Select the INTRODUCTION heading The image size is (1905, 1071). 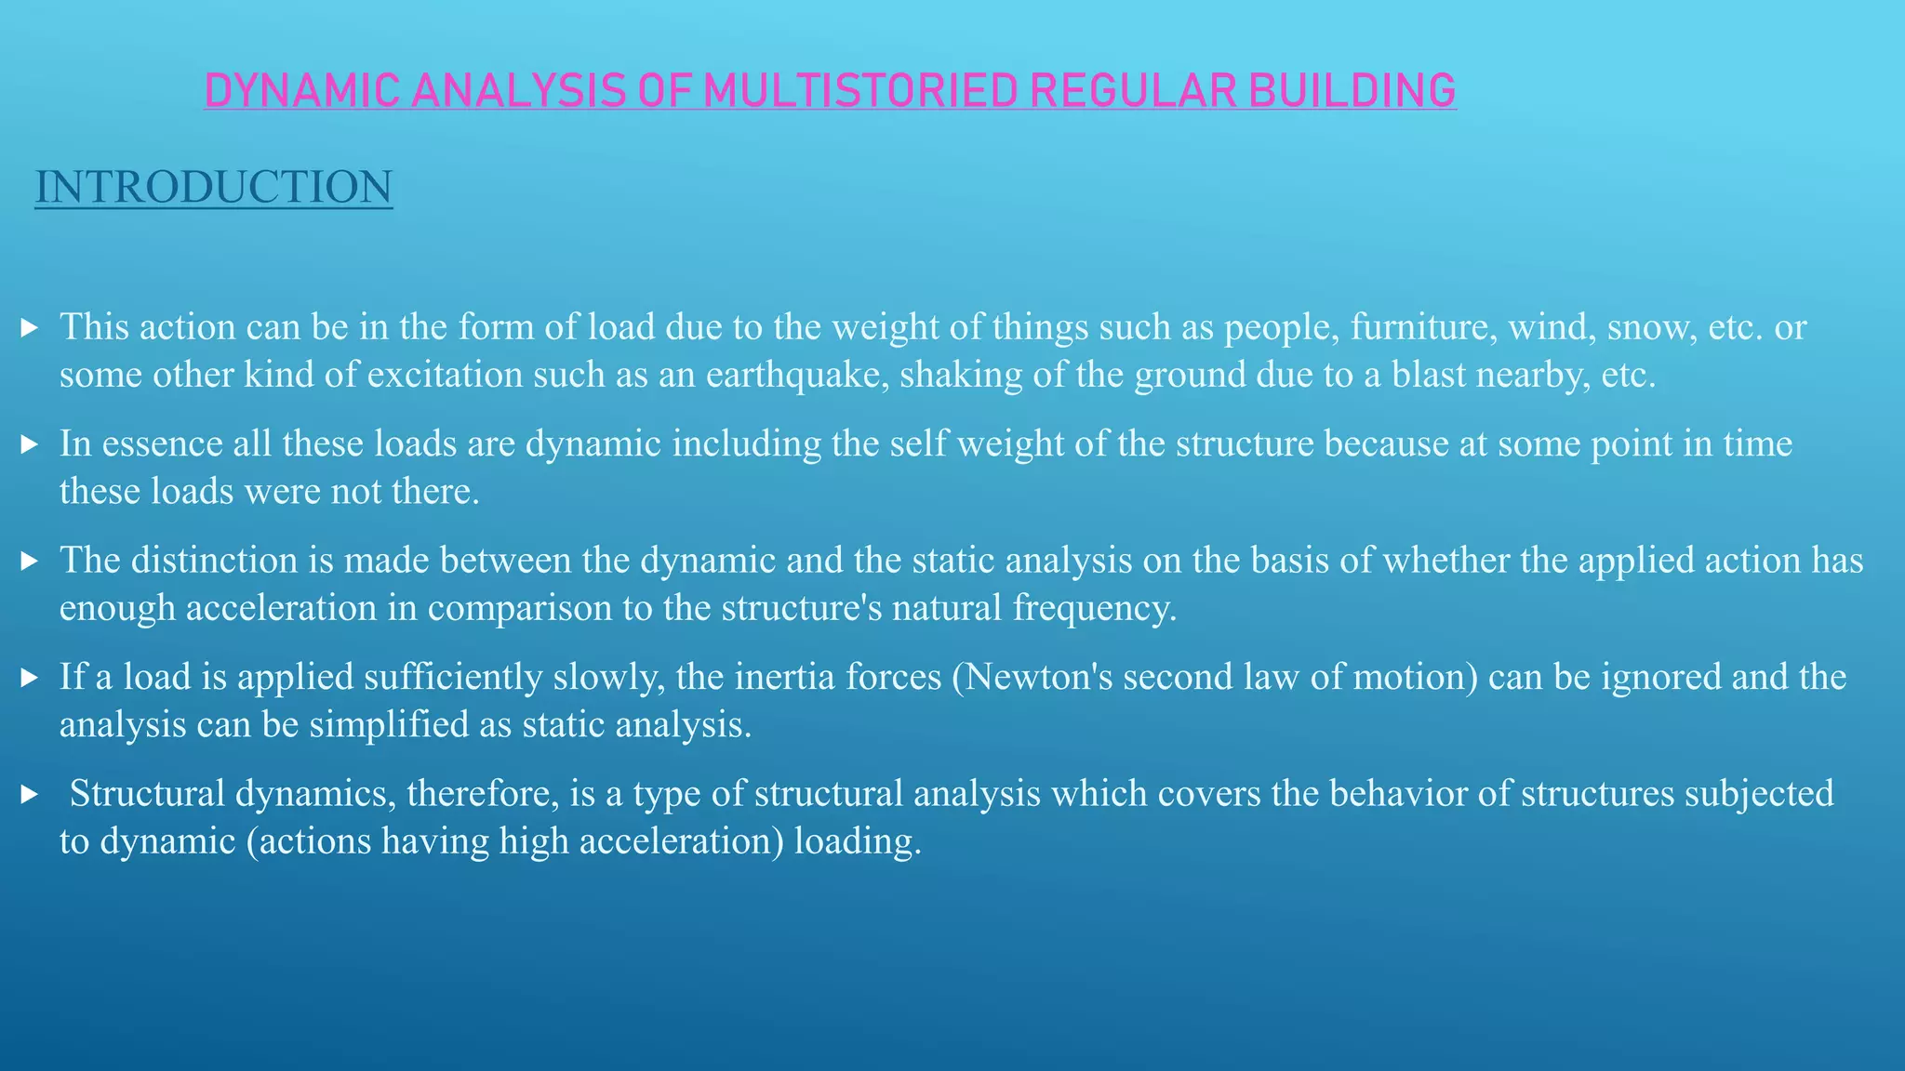pos(214,187)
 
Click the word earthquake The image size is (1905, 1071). pos(797,375)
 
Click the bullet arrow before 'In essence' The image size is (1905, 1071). pos(29,444)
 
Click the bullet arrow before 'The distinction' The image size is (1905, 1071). pos(29,561)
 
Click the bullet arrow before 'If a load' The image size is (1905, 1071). pos(29,678)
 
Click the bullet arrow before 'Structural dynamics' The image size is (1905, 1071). pos(29,794)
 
